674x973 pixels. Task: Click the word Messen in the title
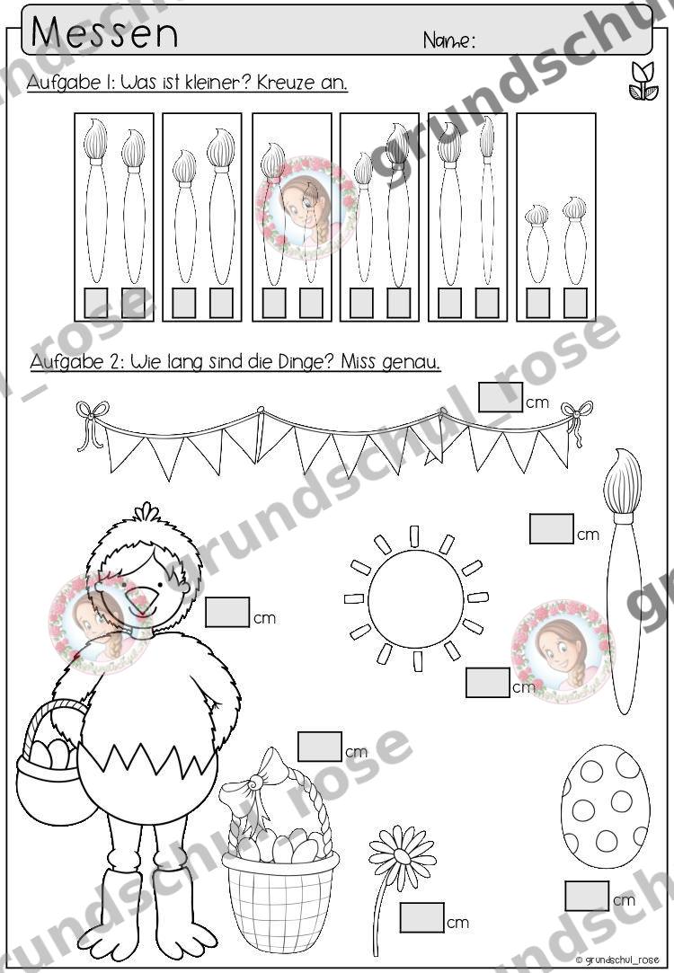tap(104, 33)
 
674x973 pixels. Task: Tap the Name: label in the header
tap(449, 41)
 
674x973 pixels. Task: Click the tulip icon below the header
tap(643, 81)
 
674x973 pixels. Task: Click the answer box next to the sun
tap(488, 683)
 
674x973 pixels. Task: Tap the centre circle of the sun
tap(416, 599)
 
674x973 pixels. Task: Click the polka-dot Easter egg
tap(605, 805)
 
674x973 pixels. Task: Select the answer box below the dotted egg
tap(587, 896)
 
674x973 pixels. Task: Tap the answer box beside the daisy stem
tap(422, 917)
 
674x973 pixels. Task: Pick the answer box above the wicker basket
tap(320, 747)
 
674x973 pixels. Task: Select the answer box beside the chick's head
tap(227, 612)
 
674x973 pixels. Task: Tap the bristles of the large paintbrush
tap(623, 482)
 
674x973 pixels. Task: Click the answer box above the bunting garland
tap(501, 397)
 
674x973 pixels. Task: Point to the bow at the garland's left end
tap(91, 422)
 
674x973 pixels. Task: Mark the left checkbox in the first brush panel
tap(95, 302)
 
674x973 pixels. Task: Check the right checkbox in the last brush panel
tap(575, 302)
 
